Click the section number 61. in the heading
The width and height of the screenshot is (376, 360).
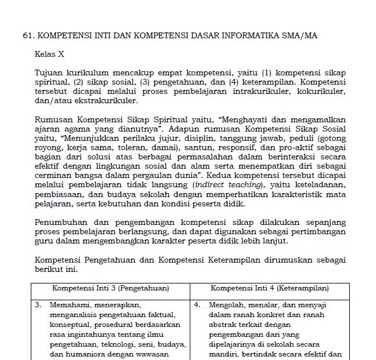pyautogui.click(x=28, y=35)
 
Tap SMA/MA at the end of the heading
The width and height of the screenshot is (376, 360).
pyautogui.click(x=299, y=35)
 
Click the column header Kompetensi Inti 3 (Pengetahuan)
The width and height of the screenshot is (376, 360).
pyautogui.click(x=110, y=288)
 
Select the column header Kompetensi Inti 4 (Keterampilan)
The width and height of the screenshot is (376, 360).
pyautogui.click(x=269, y=288)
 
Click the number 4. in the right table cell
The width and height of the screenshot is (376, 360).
pyautogui.click(x=197, y=304)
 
